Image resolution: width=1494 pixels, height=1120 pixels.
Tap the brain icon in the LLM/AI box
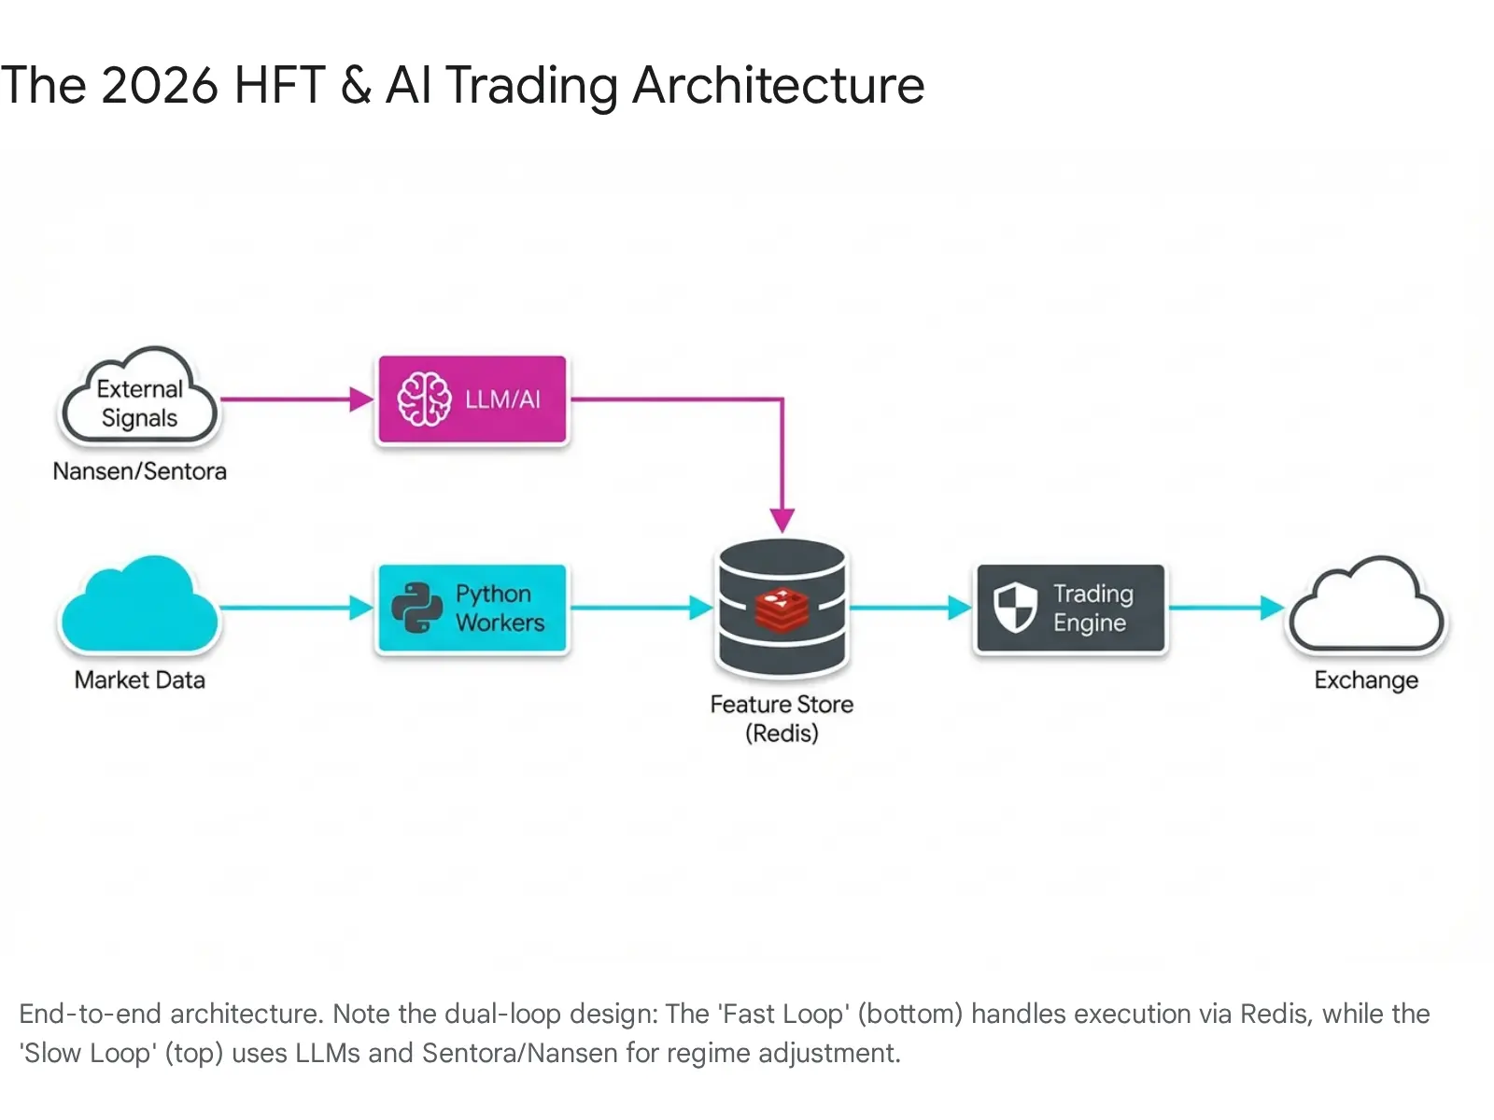[x=424, y=399]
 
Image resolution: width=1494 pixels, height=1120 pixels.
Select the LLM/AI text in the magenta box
[x=502, y=399]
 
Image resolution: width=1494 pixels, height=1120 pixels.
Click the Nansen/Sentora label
[x=139, y=471]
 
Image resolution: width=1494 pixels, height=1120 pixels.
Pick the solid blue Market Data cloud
[x=139, y=607]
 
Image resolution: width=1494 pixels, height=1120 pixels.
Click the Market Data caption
[x=139, y=680]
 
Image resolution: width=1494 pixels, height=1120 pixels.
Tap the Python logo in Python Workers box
[x=416, y=609]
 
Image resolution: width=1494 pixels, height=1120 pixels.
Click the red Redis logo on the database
[x=782, y=609]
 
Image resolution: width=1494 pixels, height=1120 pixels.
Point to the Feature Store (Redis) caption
[x=782, y=718]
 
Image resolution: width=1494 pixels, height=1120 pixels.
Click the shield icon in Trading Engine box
[x=1015, y=608]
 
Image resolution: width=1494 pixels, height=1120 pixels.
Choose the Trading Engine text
[x=1092, y=609]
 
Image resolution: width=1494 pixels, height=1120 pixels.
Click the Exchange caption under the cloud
[x=1365, y=680]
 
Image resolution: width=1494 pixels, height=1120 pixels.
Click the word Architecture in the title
[x=778, y=86]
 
